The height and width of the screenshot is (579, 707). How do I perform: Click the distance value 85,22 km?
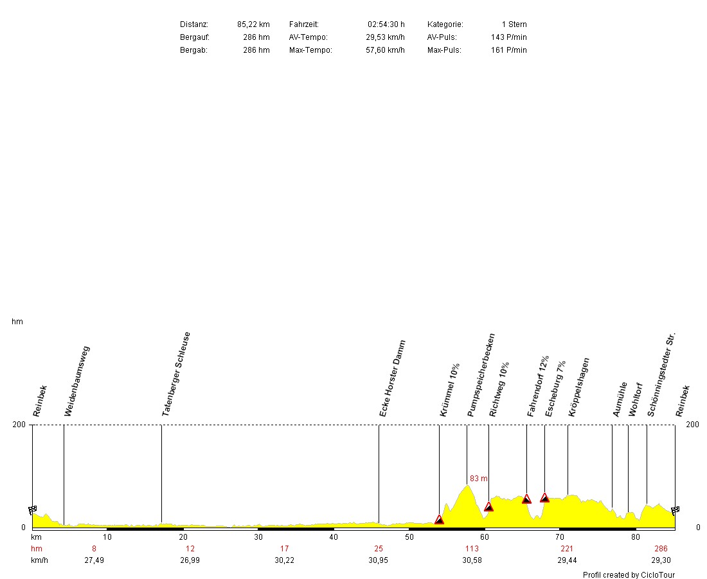[x=253, y=24]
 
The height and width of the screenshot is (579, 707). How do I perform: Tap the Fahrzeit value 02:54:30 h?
[x=386, y=24]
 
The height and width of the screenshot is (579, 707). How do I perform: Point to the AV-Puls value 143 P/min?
[x=508, y=37]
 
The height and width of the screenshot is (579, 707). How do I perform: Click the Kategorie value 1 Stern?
[x=514, y=24]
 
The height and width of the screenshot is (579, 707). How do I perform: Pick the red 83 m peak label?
[x=479, y=479]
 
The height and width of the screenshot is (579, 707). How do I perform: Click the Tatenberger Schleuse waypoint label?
[x=176, y=374]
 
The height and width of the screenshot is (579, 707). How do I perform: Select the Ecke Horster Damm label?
[x=393, y=378]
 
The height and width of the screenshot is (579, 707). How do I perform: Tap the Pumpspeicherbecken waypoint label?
[x=481, y=375]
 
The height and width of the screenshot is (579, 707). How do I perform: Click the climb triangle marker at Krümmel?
[x=439, y=519]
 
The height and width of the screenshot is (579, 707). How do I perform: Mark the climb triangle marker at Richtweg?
[x=488, y=506]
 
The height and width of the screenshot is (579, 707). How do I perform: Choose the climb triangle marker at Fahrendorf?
[x=526, y=499]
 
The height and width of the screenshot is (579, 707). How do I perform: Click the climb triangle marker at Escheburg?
[x=544, y=497]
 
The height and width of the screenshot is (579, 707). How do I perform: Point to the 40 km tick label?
[x=334, y=537]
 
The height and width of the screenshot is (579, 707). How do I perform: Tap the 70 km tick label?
[x=560, y=537]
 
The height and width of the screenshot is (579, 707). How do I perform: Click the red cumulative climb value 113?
[x=472, y=549]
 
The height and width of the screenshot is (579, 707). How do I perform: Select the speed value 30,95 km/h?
[x=379, y=560]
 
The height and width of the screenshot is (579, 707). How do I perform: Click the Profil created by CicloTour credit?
[x=629, y=575]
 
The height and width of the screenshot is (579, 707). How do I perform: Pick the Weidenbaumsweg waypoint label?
[x=77, y=381]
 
